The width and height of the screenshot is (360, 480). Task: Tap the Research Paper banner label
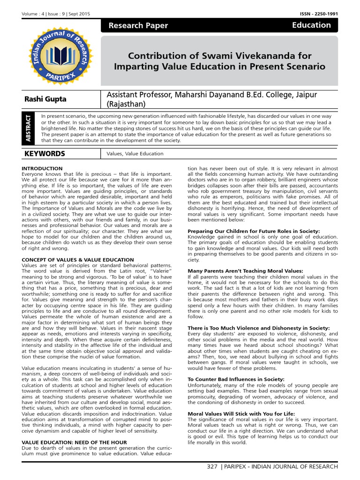point(138,26)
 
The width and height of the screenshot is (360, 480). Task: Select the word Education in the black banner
point(311,25)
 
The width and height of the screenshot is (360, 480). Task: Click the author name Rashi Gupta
point(45,99)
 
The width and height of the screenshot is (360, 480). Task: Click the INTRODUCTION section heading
point(42,168)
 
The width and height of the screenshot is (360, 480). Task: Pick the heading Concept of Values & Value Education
point(78,260)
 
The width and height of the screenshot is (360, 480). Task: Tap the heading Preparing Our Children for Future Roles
point(254,231)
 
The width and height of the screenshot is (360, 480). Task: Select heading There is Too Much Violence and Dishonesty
point(258,328)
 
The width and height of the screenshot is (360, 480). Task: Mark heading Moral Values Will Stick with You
point(241,413)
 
